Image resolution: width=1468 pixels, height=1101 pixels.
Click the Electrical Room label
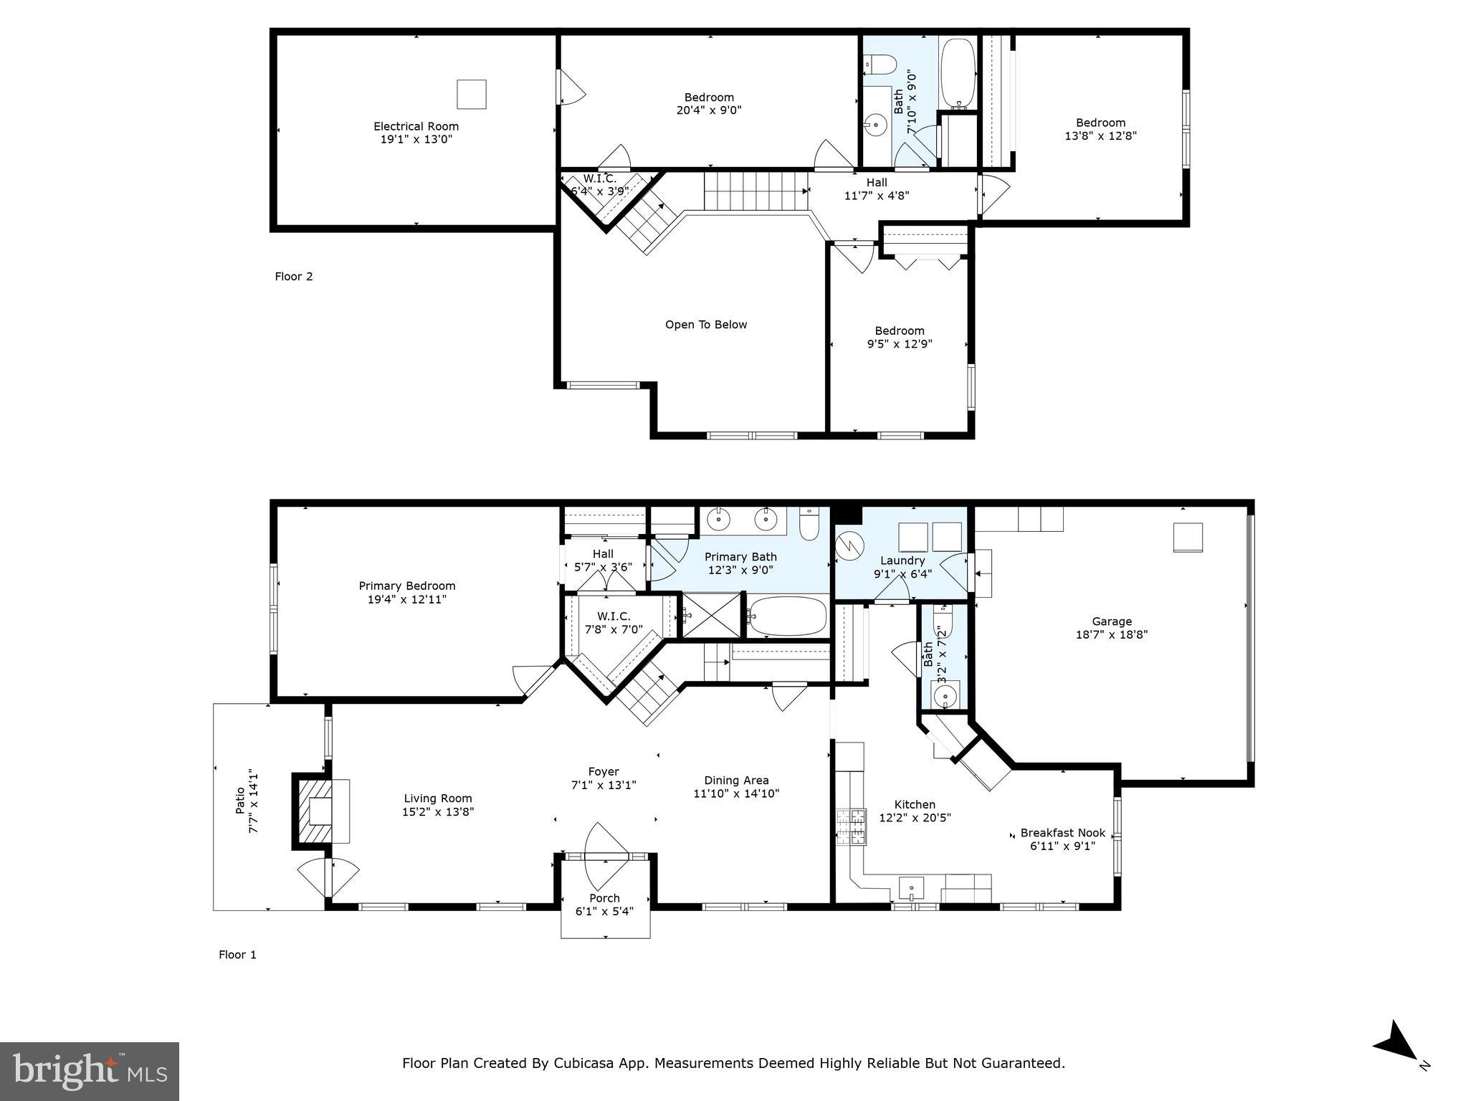point(416,126)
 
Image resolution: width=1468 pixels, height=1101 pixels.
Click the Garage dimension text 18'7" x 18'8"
point(1111,634)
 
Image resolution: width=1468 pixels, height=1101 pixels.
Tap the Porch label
point(604,898)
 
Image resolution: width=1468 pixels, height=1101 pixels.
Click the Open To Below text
point(705,325)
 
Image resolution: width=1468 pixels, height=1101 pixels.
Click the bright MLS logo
point(90,1072)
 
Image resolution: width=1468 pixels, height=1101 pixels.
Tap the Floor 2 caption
point(294,277)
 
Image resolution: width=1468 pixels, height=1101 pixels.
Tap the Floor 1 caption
point(237,955)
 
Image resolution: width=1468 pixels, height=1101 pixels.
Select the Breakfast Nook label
point(1062,833)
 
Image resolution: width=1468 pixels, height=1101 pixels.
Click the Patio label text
point(240,801)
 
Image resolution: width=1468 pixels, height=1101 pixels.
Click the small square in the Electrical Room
point(471,94)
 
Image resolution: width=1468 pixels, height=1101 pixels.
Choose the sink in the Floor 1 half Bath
point(944,695)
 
